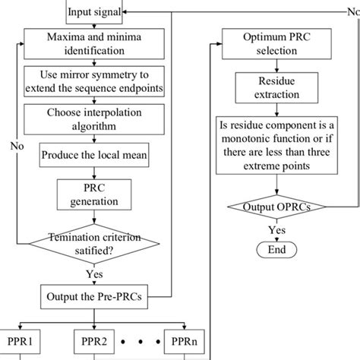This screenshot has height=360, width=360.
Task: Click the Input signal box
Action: tap(93, 11)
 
